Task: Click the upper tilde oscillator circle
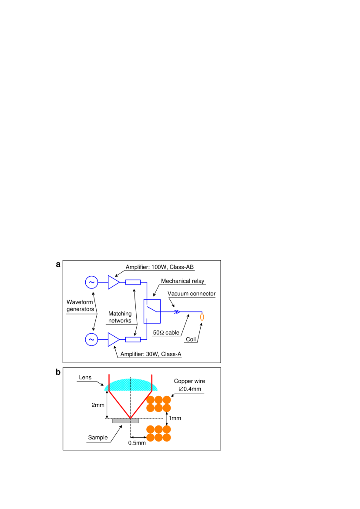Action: pyautogui.click(x=91, y=282)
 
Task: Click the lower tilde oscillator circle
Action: pyautogui.click(x=91, y=339)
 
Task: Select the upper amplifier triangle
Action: pyautogui.click(x=113, y=282)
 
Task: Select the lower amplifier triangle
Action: pyautogui.click(x=113, y=339)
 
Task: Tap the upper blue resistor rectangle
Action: pyautogui.click(x=133, y=282)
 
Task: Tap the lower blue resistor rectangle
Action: pyautogui.click(x=133, y=339)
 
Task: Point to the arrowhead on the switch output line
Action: pyautogui.click(x=177, y=311)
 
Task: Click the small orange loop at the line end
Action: pyautogui.click(x=202, y=317)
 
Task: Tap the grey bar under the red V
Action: pyautogui.click(x=125, y=421)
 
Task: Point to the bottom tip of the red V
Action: pyautogui.click(x=130, y=417)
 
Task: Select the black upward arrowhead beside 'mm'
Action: pyautogui.click(x=107, y=392)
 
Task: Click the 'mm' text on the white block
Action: pyautogui.click(x=101, y=405)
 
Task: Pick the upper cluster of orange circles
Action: pyautogui.click(x=158, y=404)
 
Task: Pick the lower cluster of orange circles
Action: pyautogui.click(x=158, y=433)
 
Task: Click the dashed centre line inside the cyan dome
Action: pyautogui.click(x=131, y=385)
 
